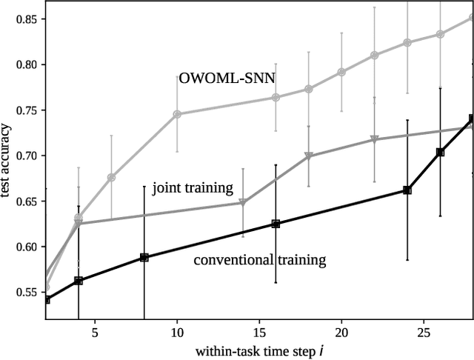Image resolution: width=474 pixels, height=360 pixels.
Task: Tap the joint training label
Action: (193, 187)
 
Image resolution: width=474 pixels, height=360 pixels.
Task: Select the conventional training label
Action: (259, 260)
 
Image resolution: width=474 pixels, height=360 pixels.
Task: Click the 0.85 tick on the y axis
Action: (24, 19)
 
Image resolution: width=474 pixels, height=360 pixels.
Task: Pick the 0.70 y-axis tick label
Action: (24, 156)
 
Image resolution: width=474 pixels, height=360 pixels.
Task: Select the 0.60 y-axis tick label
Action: (24, 247)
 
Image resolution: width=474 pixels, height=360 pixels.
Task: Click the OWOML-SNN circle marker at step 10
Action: (177, 114)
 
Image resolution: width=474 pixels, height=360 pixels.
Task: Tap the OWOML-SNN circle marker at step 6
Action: (111, 178)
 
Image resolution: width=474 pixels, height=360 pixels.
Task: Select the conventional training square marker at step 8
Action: (144, 257)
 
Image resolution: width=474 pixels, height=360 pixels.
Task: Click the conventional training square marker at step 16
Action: (276, 224)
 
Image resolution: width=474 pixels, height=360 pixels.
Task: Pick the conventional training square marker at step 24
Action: (407, 190)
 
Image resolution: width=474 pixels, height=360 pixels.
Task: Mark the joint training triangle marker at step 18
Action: (308, 156)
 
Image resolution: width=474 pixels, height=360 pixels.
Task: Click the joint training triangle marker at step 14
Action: (243, 203)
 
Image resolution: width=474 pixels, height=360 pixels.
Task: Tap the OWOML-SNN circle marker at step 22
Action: (374, 55)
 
